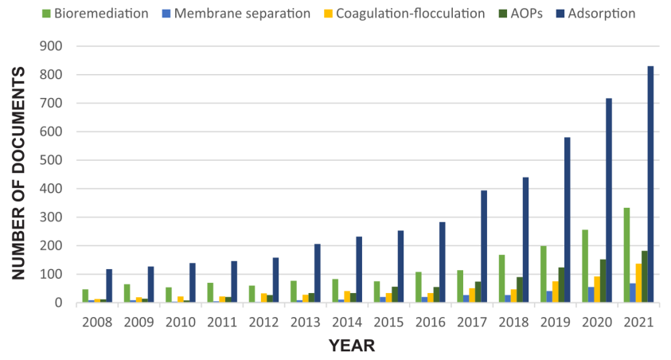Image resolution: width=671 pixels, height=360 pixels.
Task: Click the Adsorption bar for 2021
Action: click(x=650, y=184)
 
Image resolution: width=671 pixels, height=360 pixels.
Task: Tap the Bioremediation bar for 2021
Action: click(x=626, y=255)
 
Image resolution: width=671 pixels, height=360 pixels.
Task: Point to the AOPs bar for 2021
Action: click(x=644, y=276)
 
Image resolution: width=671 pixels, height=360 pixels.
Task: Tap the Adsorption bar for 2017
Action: click(x=484, y=246)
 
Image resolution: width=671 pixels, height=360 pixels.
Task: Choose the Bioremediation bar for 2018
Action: click(x=502, y=279)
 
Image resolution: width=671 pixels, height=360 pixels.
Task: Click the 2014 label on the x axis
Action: click(x=346, y=323)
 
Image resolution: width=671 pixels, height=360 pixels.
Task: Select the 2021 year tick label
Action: click(x=638, y=323)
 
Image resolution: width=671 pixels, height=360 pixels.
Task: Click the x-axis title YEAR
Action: click(x=352, y=346)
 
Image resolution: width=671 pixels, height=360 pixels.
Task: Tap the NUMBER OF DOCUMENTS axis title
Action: click(x=18, y=174)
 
